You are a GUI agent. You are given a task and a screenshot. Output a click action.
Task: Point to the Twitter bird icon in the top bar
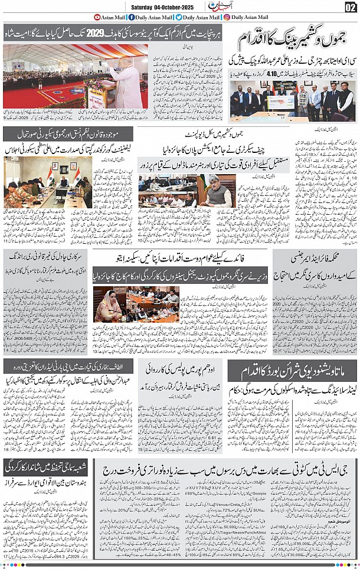coord(178,17)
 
